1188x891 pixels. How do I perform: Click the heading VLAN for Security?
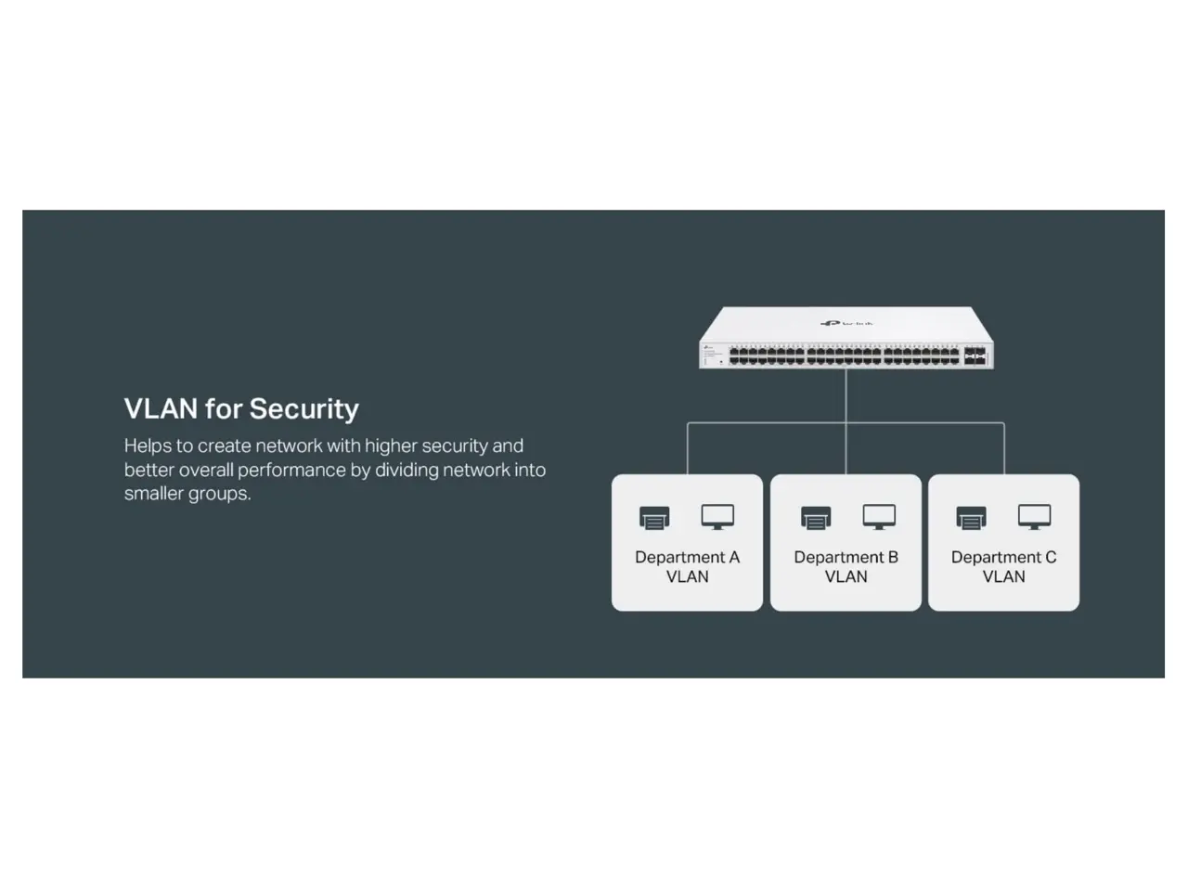241,409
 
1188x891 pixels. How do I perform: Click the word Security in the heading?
303,409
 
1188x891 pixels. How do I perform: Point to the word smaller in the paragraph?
154,494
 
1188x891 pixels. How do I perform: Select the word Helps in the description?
148,445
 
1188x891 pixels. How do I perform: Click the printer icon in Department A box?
654,518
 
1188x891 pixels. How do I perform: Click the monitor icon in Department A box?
717,517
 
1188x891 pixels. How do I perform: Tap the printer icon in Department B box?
816,518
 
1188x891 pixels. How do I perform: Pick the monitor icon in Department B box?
879,517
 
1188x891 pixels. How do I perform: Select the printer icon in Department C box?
972,518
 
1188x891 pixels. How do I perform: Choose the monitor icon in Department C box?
1034,517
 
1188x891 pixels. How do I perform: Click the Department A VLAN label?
687,566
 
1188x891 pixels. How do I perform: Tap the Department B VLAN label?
846,566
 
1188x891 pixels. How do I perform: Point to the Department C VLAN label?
1003,566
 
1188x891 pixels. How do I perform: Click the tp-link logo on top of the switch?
846,323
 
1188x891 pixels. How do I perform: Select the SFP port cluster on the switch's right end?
975,356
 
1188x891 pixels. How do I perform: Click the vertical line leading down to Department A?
688,449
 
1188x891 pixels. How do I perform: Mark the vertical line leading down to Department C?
1004,449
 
